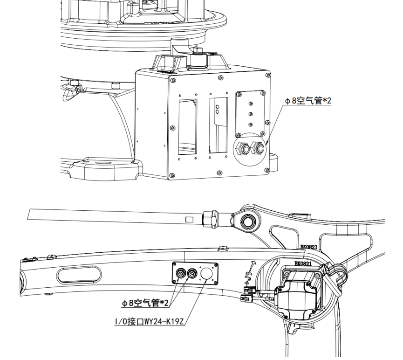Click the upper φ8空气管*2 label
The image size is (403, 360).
pos(307,101)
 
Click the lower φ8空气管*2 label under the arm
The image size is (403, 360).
pos(145,303)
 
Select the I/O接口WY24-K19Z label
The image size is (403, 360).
pos(150,322)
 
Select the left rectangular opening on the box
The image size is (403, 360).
pos(187,126)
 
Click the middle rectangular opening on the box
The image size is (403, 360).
pos(218,125)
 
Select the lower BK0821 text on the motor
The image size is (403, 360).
pos(304,263)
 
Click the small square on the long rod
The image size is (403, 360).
pos(189,219)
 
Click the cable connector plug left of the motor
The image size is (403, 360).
pos(247,296)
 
